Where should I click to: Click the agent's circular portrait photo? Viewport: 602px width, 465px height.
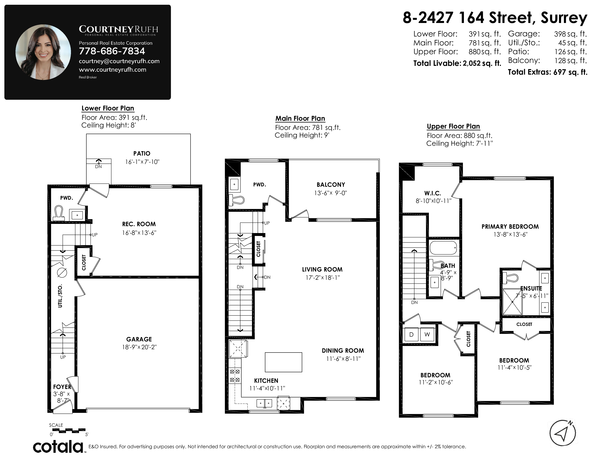coord(43,52)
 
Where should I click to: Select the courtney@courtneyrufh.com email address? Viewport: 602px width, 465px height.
coord(119,61)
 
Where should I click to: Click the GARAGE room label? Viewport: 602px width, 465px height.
coord(139,339)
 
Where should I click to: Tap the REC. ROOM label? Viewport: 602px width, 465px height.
coord(139,224)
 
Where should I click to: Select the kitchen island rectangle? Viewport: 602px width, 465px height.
coord(283,362)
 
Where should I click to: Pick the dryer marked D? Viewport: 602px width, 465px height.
coord(411,334)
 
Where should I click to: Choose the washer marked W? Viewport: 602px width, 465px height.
coord(427,334)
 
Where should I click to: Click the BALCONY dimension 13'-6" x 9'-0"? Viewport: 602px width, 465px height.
coord(331,193)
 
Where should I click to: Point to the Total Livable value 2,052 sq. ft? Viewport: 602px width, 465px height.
coord(482,63)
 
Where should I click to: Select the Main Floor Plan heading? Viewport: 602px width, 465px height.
coord(300,119)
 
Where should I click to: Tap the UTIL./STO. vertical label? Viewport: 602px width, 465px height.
coord(60,296)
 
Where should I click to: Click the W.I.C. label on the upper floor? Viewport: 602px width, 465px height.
coord(433,193)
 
